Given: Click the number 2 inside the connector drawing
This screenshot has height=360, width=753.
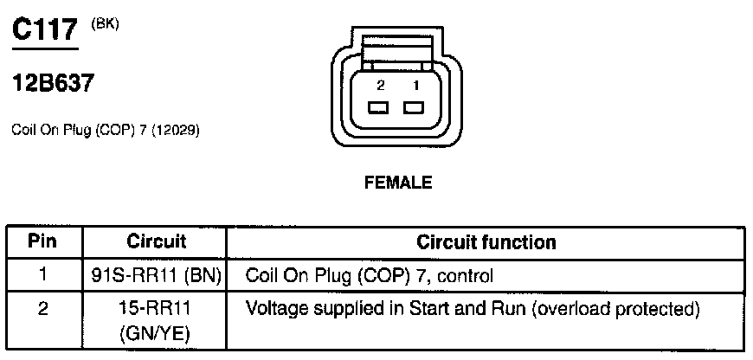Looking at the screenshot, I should [x=379, y=87].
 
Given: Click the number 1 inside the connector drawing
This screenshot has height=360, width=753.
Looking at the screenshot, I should [x=415, y=87].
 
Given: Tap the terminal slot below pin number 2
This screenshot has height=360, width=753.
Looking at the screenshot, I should [x=378, y=108].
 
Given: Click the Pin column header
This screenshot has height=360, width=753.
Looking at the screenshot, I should [x=42, y=241].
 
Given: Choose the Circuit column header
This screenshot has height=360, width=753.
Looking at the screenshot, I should [x=157, y=241].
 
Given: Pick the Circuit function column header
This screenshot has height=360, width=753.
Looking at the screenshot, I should [x=486, y=241].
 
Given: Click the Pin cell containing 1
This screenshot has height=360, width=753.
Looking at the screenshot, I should [x=42, y=277].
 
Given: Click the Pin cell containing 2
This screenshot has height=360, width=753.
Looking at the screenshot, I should [x=42, y=309].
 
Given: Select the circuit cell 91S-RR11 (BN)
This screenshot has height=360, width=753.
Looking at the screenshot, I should [x=157, y=277].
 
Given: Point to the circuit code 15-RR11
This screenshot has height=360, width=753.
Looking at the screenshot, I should [x=157, y=309].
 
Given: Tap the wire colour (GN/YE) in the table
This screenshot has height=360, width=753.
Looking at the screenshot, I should [x=157, y=332].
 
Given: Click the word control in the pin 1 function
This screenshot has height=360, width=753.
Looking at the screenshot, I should [x=468, y=277].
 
